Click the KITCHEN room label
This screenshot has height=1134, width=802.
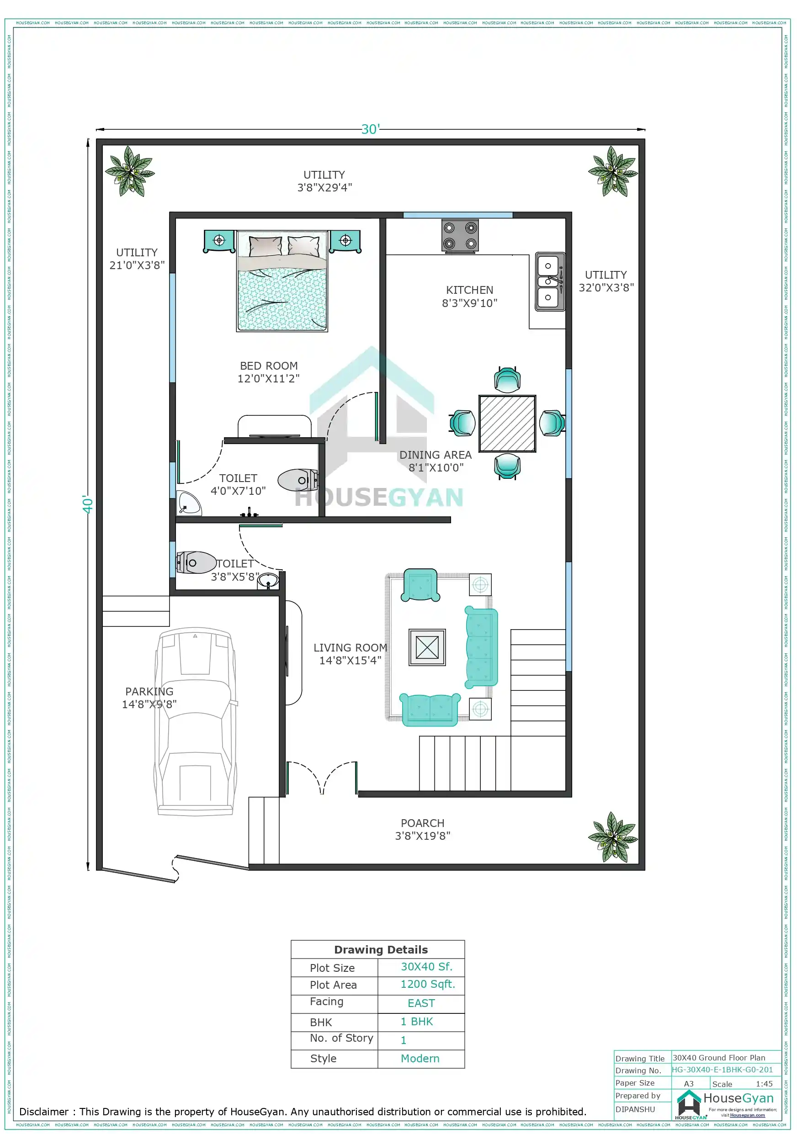point(469,297)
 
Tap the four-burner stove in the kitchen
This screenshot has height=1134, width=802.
point(460,236)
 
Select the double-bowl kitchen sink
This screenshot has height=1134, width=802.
point(549,281)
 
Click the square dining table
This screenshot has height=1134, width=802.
point(507,423)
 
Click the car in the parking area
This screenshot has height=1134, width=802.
point(196,721)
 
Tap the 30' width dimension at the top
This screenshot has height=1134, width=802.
point(370,129)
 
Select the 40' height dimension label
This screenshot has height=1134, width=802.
point(87,504)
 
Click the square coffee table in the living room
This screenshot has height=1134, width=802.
point(427,647)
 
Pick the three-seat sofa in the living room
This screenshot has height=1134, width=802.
point(481,647)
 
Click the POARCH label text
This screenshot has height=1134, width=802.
point(423,829)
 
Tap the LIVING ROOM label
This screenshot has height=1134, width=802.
point(350,654)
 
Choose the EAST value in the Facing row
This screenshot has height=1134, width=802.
point(421,1003)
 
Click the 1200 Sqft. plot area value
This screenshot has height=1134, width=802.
point(427,984)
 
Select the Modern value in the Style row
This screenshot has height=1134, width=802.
point(420,1059)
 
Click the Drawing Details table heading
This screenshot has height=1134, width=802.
point(381,950)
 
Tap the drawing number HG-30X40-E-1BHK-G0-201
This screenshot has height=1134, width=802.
point(722,1070)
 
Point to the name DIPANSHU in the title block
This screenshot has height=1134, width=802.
point(635,1109)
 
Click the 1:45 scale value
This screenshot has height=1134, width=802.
point(764,1084)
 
